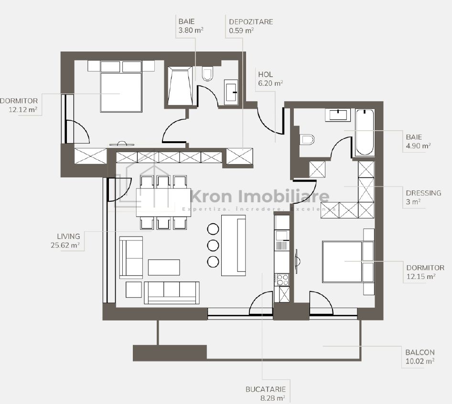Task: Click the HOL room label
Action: tap(265, 74)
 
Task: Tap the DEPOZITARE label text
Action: tap(251, 22)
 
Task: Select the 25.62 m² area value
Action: tap(65, 245)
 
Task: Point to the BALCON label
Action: tap(420, 352)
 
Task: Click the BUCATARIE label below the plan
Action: tap(266, 389)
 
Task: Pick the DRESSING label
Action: tap(423, 193)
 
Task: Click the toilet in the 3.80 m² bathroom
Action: tap(207, 73)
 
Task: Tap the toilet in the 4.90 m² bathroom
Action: tap(307, 140)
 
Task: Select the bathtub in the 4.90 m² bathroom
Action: tap(365, 133)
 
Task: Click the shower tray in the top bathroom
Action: tap(180, 86)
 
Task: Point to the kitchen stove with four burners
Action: tap(281, 280)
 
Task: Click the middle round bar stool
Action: tap(213, 245)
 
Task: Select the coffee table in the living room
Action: tap(164, 267)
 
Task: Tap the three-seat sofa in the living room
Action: tap(172, 293)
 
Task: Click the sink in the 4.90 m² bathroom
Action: tap(338, 115)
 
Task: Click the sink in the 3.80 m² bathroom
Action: tap(231, 92)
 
